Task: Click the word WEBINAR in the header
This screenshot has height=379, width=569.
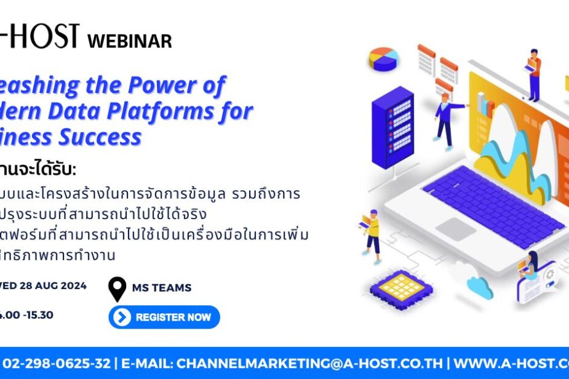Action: [130, 41]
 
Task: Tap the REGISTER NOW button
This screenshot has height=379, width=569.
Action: [164, 317]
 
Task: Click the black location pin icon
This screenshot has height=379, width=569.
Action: [117, 288]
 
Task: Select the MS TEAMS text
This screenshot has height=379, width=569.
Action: [162, 287]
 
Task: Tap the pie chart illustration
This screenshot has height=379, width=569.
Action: [383, 59]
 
